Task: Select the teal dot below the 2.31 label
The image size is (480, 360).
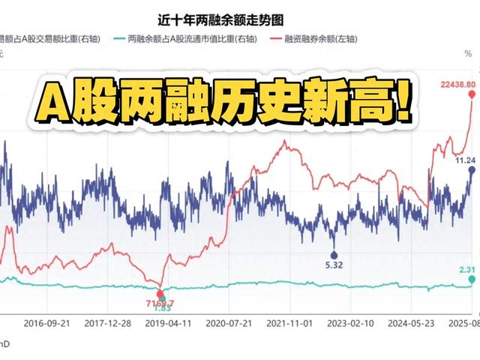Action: point(472,279)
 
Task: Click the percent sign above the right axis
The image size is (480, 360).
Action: point(468,53)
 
